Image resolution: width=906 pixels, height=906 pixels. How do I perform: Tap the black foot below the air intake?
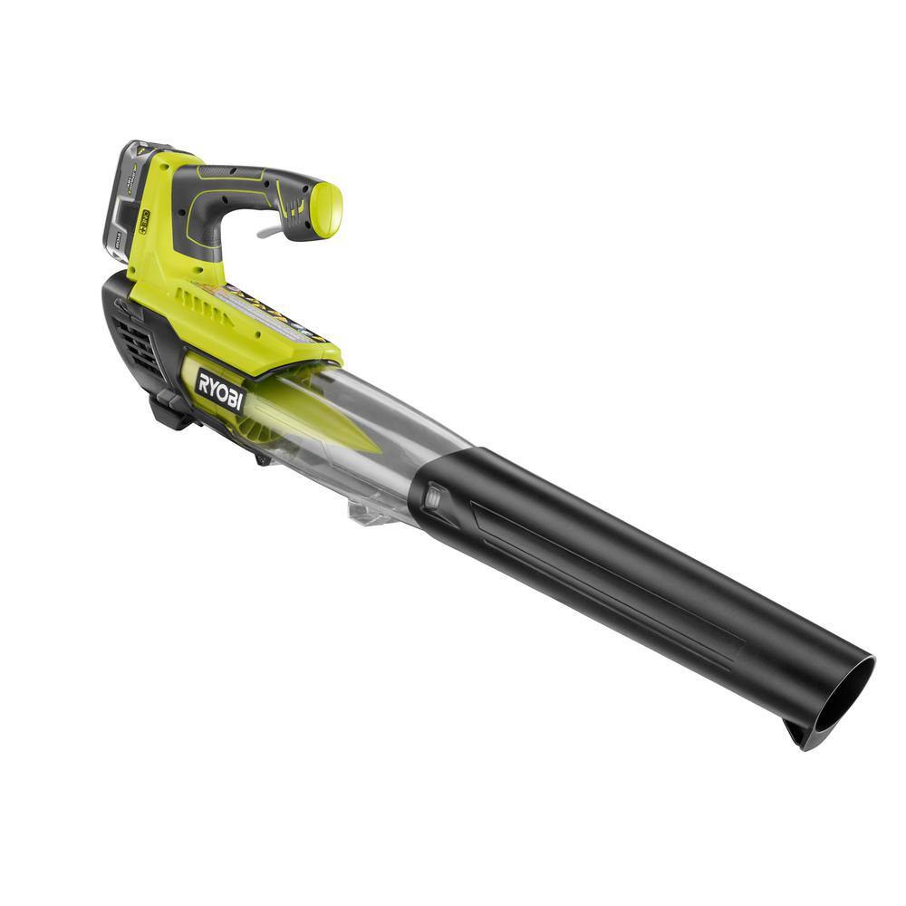pyautogui.click(x=172, y=412)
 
